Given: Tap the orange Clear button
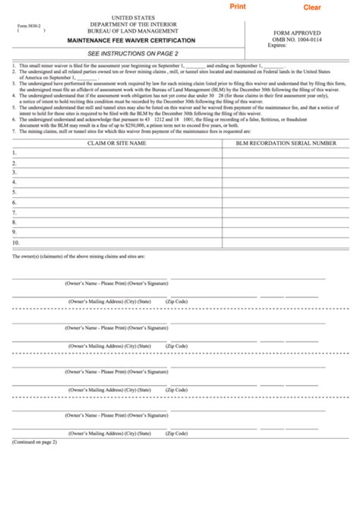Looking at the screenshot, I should (312, 8).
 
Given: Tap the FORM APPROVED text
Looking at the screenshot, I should (302, 32).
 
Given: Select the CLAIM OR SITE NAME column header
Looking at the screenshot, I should (116, 142).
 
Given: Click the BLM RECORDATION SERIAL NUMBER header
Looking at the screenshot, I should (286, 142).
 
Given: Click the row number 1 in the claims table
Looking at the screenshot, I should (14, 153).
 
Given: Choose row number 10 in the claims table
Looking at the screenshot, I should (16, 242).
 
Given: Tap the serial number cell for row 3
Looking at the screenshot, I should (286, 172).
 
